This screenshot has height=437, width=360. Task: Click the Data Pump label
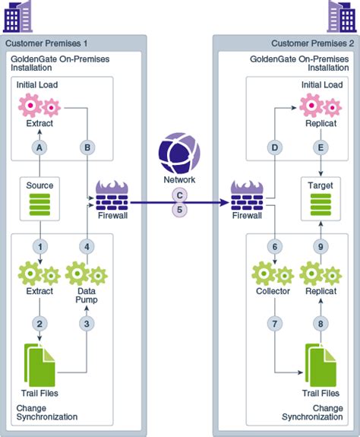(87, 296)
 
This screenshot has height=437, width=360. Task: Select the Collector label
(273, 291)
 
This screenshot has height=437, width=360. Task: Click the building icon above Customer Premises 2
(342, 15)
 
